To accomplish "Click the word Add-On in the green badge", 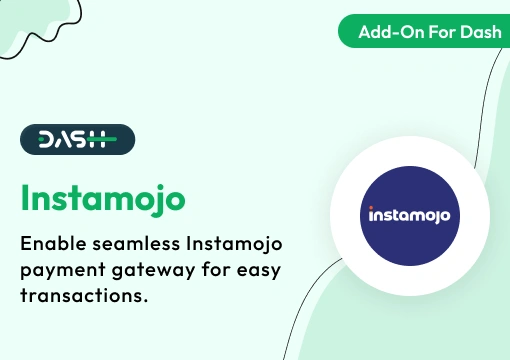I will click(x=385, y=32).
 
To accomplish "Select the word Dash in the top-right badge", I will click(x=473, y=32).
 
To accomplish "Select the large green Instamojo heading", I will click(x=102, y=197).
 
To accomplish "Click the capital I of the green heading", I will click(x=26, y=196).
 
